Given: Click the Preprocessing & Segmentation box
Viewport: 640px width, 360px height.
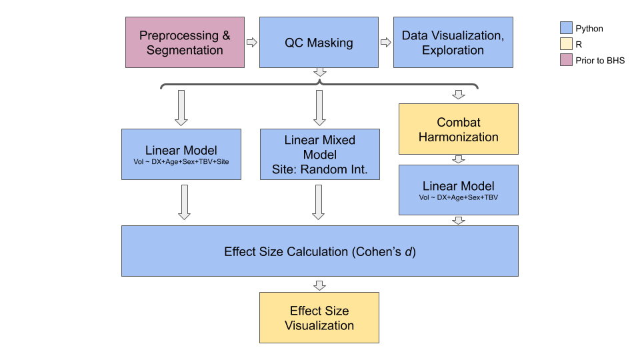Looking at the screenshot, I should click(x=185, y=42).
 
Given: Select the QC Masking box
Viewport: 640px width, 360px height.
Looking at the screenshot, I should click(x=319, y=42).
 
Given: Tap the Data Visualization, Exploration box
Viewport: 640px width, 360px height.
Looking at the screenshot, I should click(x=453, y=42).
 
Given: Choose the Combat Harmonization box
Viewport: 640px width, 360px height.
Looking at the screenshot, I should click(x=459, y=129).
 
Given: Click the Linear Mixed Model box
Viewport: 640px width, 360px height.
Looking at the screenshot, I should click(x=319, y=155).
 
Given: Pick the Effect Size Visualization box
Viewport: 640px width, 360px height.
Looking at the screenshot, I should click(x=319, y=317).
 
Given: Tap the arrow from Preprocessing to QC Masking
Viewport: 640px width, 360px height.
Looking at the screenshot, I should click(x=251, y=42).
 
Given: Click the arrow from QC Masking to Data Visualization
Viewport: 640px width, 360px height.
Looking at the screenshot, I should click(x=385, y=42).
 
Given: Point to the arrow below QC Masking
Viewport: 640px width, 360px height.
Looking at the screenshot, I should click(x=319, y=72).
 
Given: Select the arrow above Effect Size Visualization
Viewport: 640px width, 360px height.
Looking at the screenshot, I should click(x=319, y=285).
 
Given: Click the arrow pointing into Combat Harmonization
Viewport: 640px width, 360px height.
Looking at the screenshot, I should click(x=459, y=95).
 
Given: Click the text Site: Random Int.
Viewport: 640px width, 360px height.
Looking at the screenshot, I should click(x=319, y=169).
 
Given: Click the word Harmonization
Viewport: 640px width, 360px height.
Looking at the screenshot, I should click(x=459, y=137).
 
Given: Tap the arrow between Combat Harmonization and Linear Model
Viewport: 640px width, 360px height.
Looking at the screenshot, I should click(x=459, y=160).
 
